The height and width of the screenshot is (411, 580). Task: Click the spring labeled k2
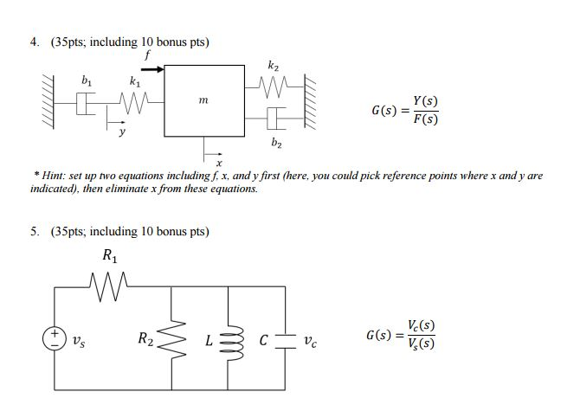(273, 84)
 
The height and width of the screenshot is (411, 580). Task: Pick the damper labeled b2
(274, 118)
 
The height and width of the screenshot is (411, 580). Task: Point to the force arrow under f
(151, 68)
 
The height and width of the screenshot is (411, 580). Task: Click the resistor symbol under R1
(110, 279)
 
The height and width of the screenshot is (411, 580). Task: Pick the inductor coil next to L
(229, 339)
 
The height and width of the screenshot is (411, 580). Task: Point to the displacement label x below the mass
(220, 163)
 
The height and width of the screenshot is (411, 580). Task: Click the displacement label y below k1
(122, 134)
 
